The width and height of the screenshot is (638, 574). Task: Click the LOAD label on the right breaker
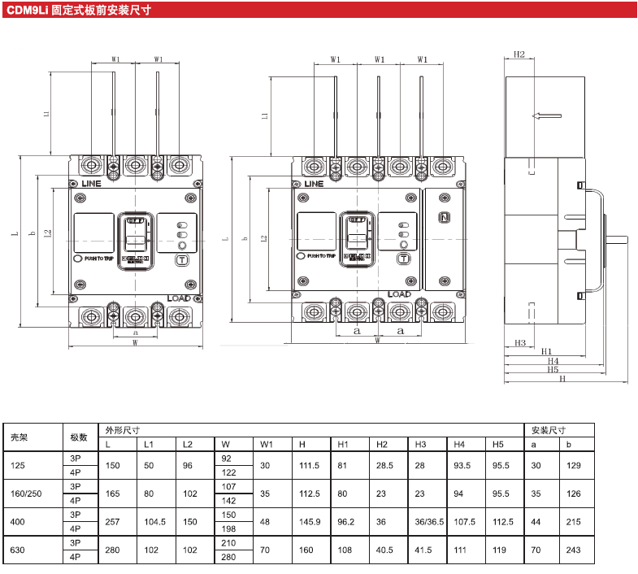point(400,294)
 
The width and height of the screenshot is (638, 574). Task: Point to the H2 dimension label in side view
point(519,55)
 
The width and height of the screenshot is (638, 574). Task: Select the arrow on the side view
point(546,116)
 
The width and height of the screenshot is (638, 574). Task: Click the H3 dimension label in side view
point(520,342)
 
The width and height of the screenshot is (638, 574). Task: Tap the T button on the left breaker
point(181,260)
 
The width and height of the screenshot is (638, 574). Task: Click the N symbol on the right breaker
point(444,217)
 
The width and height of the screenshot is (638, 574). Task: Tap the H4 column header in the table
point(459,444)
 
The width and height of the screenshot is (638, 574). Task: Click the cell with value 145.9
point(309,522)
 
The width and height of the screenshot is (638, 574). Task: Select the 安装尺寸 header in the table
point(549,430)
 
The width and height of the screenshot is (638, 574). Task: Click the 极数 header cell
point(79,437)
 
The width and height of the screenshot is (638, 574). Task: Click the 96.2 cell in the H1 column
point(345,522)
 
